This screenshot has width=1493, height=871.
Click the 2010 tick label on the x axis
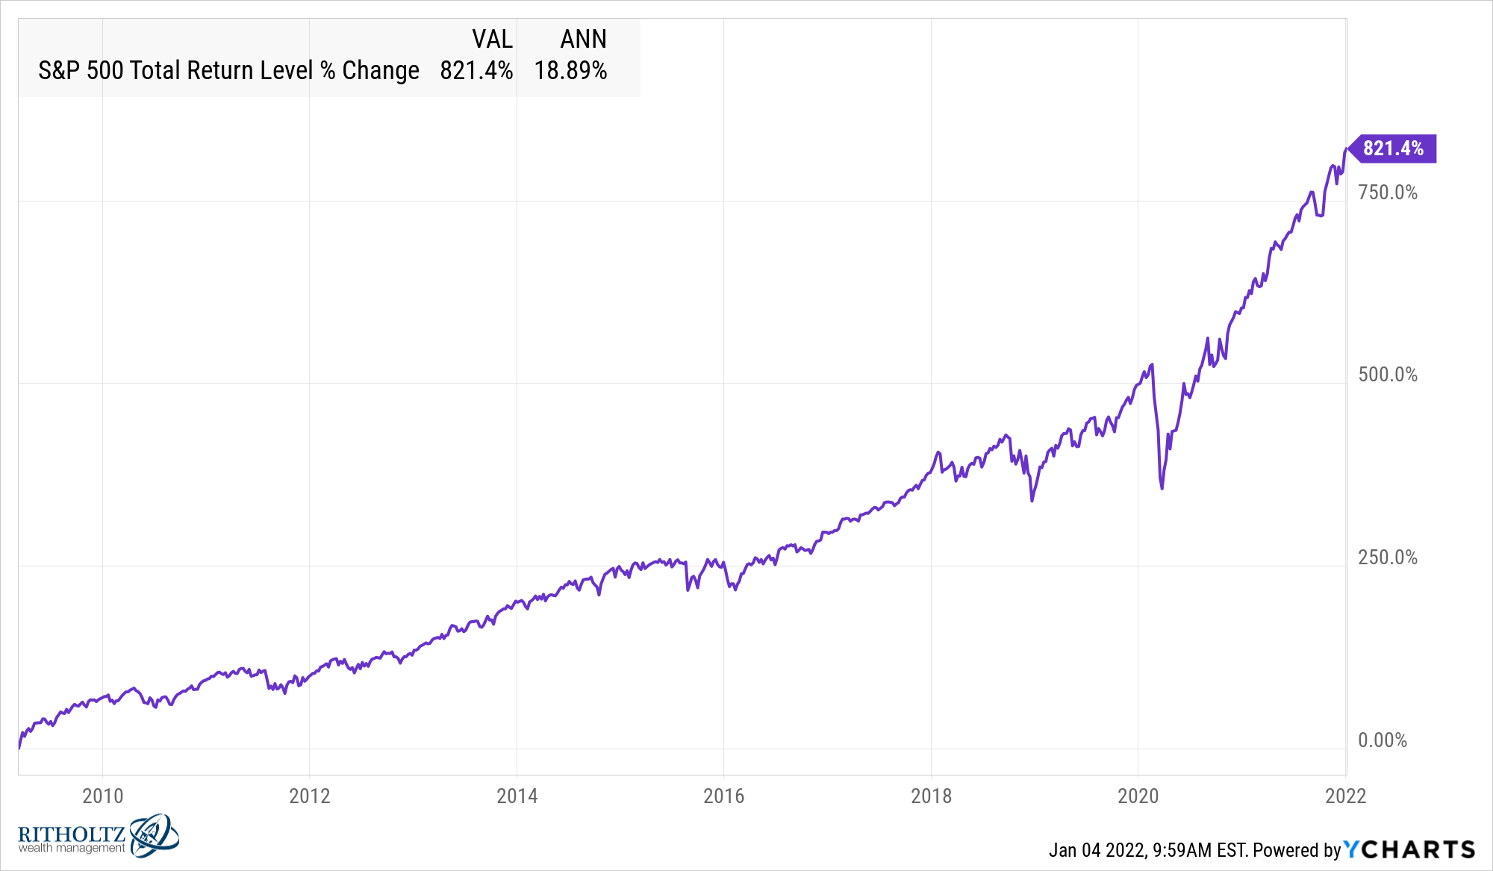102,796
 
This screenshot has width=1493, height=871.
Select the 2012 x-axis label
310,796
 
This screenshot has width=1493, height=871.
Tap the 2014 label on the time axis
517,796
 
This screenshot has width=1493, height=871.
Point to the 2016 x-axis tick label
723,796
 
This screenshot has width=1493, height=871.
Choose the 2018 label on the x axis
931,796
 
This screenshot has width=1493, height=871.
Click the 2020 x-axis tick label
1138,796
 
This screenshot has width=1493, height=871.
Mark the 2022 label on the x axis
1345,796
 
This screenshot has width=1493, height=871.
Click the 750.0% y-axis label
1388,193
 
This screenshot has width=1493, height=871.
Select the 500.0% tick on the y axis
1388,375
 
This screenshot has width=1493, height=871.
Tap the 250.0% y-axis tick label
1388,558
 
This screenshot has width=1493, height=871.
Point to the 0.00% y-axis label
1383,740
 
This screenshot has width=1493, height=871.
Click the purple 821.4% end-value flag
1392,149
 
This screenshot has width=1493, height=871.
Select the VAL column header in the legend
492,39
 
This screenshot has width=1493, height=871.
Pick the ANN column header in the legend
583,39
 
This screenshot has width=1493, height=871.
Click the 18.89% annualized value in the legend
570,71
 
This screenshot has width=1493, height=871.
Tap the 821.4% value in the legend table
476,71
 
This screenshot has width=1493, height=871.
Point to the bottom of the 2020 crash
1162,488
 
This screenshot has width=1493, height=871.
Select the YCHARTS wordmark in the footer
1409,849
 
